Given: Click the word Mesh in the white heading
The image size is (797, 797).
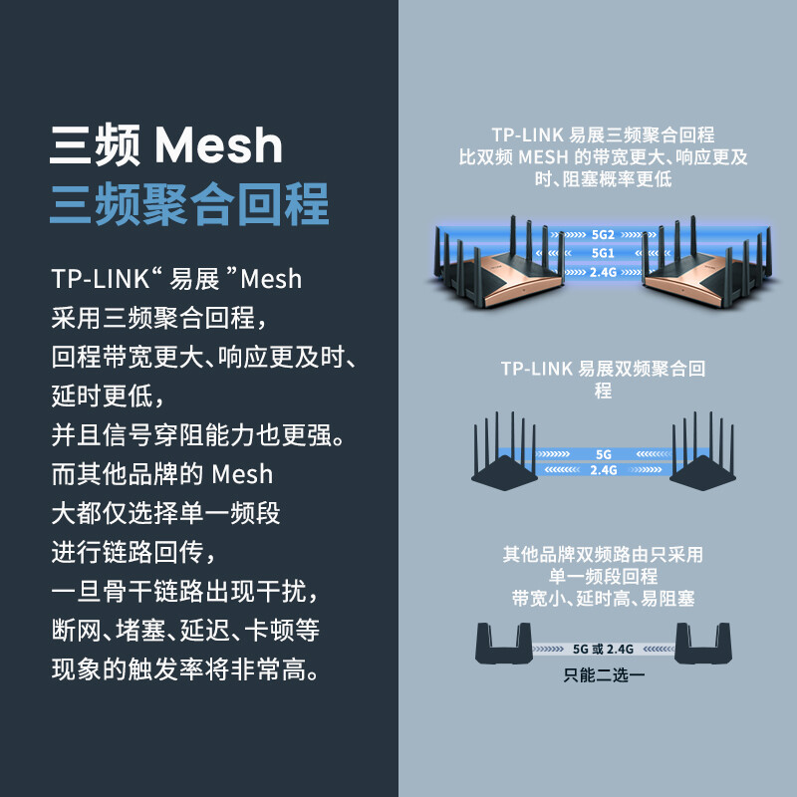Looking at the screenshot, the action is pos(218,145).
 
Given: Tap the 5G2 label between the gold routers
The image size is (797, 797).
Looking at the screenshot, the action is pos(603,235).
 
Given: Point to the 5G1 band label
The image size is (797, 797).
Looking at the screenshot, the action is pos(603,253).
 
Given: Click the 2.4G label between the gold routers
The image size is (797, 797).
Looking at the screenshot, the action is pos(603,271).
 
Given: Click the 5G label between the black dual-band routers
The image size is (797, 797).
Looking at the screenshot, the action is pos(604,453).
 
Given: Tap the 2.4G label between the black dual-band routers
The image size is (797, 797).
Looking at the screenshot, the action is pos(604,468).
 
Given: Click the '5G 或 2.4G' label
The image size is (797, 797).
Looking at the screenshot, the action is pos(604,648).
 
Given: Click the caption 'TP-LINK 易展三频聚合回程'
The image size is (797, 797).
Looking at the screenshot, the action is pos(603,134).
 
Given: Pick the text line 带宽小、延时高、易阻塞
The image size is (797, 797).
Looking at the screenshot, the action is pos(604,598).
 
